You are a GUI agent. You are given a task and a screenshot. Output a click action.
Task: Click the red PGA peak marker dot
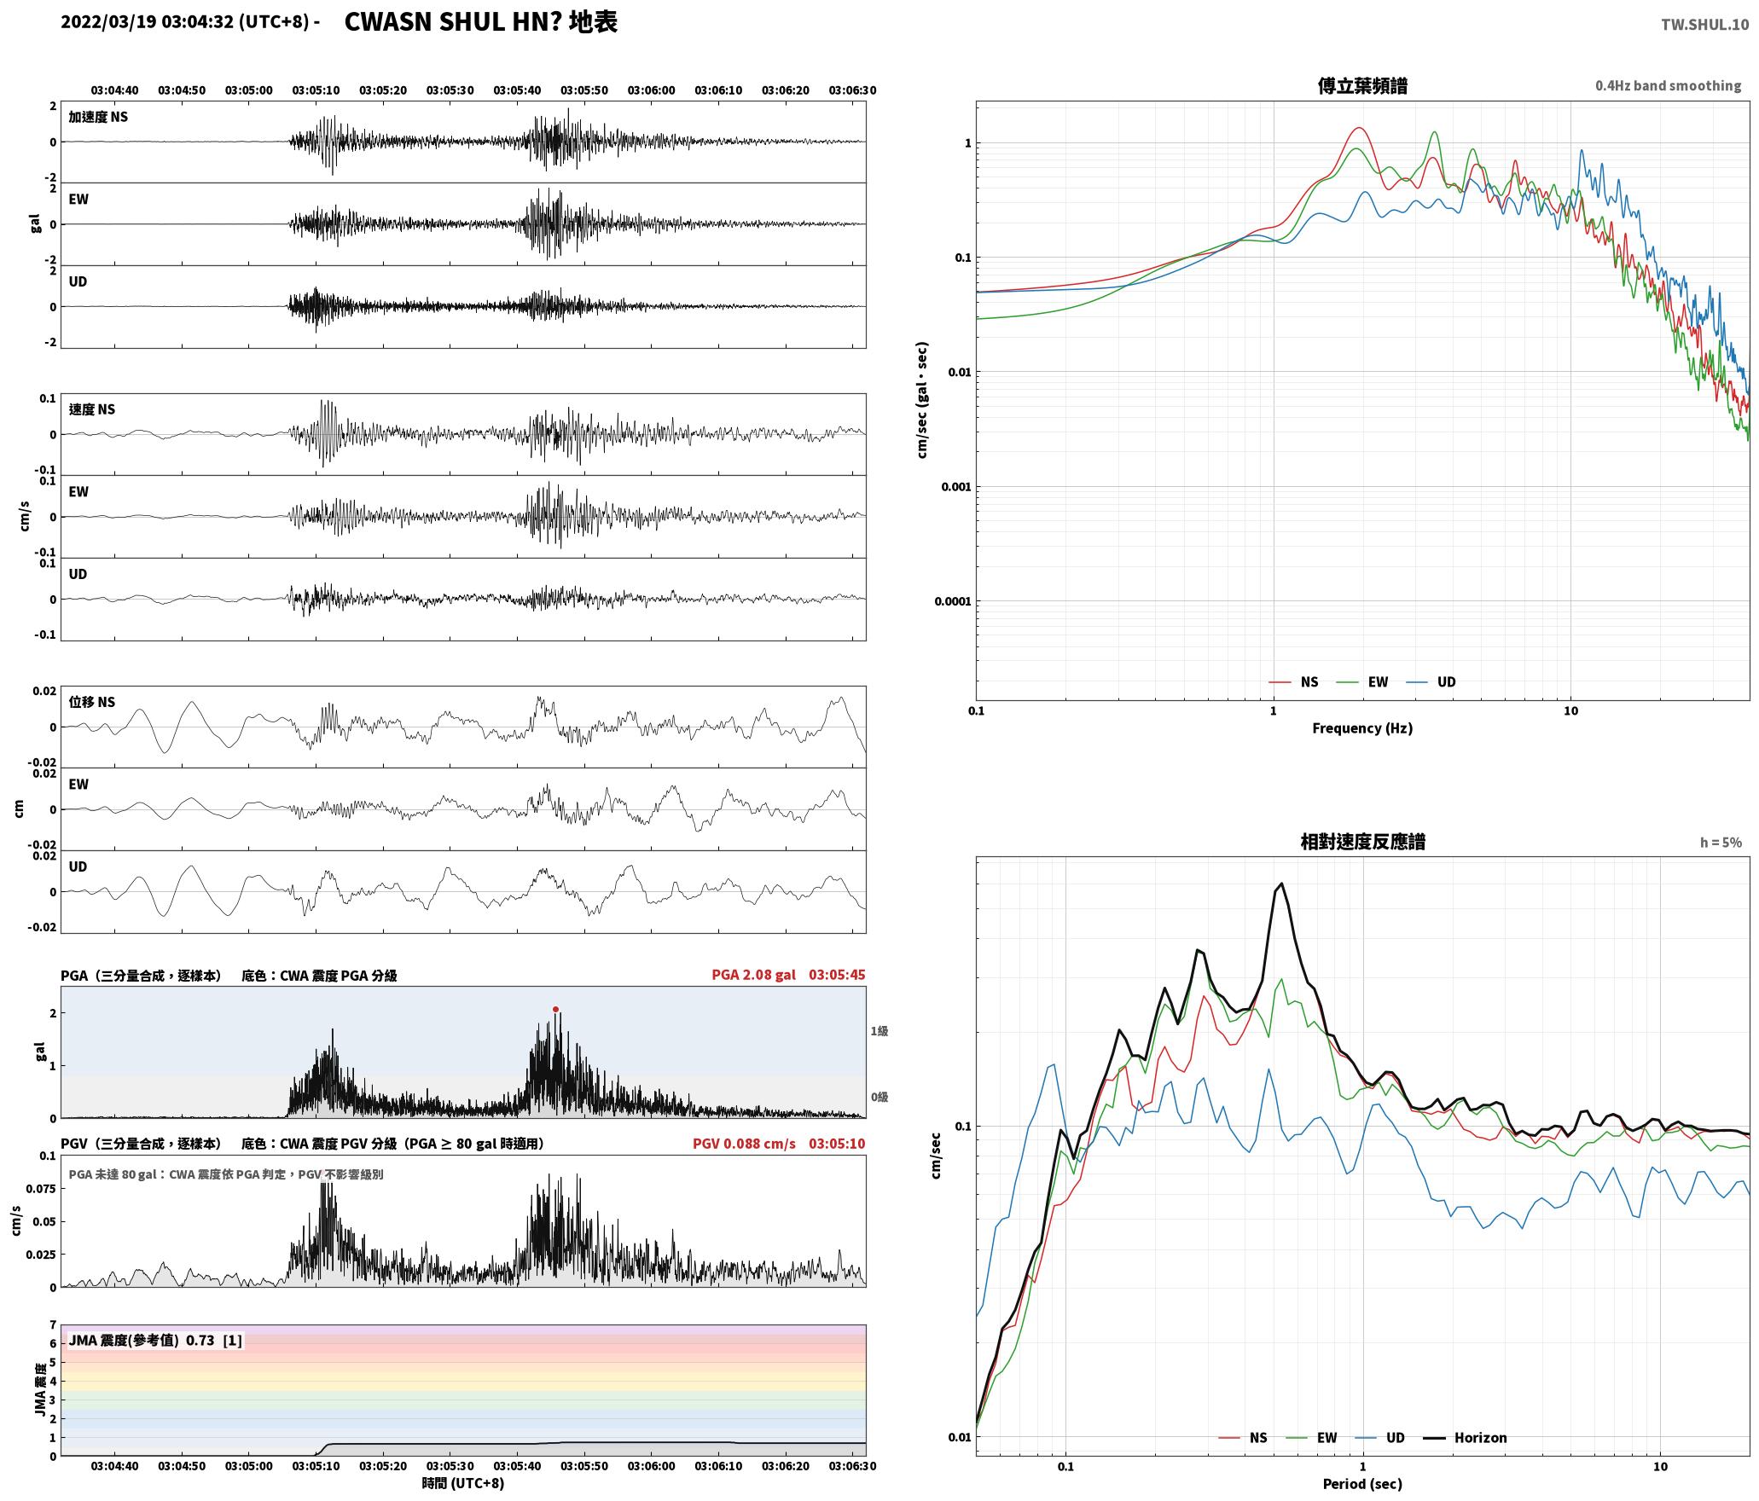[x=555, y=1010]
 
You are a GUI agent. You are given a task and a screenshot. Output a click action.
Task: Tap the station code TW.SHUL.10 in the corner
[x=1704, y=25]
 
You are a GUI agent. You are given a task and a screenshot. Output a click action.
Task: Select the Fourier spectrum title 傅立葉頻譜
[x=1362, y=86]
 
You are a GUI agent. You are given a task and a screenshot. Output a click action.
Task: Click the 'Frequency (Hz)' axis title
[x=1362, y=728]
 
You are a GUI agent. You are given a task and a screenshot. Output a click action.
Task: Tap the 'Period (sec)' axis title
[x=1362, y=1484]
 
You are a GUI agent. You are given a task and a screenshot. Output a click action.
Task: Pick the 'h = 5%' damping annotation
[x=1721, y=843]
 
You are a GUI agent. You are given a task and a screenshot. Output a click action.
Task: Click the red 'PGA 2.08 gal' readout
[x=753, y=975]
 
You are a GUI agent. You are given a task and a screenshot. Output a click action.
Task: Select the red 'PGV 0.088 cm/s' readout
[x=744, y=1144]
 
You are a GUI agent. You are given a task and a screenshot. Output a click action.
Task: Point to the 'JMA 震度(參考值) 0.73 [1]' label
[x=155, y=1341]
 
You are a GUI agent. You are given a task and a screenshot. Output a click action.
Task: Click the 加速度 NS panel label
[x=98, y=118]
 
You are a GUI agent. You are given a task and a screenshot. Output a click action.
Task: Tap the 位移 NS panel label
[x=91, y=703]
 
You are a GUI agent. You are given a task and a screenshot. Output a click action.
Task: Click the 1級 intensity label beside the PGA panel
[x=879, y=1031]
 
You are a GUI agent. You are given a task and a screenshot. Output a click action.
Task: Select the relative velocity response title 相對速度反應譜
[x=1362, y=843]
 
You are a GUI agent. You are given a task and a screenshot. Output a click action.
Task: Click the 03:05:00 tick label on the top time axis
[x=249, y=90]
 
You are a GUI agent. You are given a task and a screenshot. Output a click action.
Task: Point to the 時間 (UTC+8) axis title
[x=463, y=1484]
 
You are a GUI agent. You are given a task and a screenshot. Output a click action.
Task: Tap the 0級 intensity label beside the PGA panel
[x=879, y=1098]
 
